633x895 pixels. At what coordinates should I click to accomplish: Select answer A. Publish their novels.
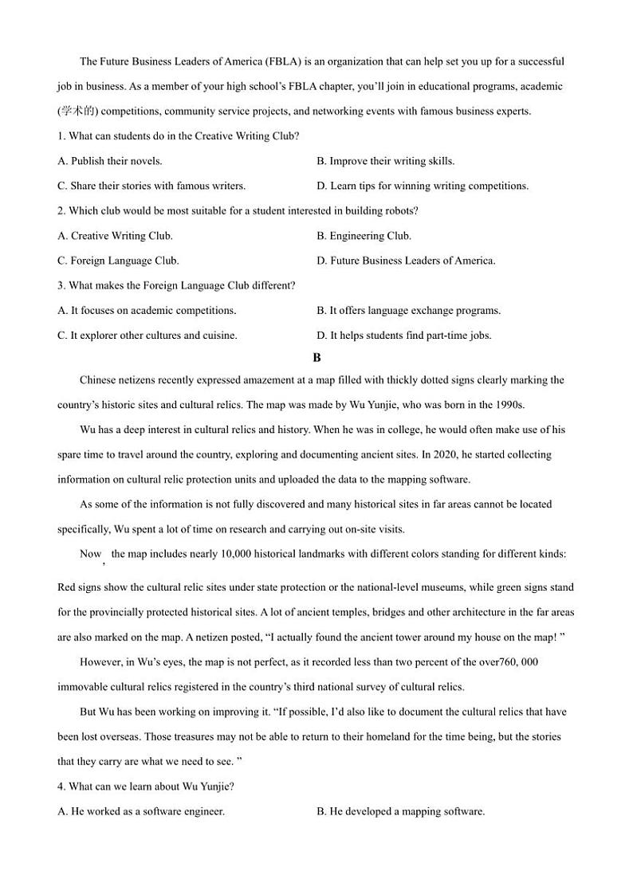pyautogui.click(x=110, y=161)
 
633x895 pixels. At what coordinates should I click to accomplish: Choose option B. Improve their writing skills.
pyautogui.click(x=385, y=161)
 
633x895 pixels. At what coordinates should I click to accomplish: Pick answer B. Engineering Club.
pyautogui.click(x=364, y=236)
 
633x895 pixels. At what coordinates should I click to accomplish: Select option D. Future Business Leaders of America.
pyautogui.click(x=406, y=261)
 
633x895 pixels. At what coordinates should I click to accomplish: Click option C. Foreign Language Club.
pyautogui.click(x=118, y=261)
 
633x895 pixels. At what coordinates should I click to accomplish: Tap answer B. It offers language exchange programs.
pyautogui.click(x=408, y=311)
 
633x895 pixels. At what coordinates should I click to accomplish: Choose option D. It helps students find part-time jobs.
pyautogui.click(x=403, y=336)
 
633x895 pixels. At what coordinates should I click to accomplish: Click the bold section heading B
pyautogui.click(x=316, y=359)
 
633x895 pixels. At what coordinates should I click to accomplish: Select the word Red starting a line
pyautogui.click(x=68, y=588)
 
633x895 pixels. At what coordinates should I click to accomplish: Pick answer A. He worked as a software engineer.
pyautogui.click(x=141, y=811)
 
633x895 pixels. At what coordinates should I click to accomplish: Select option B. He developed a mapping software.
pyautogui.click(x=400, y=811)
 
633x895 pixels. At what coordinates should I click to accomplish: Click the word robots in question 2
pyautogui.click(x=399, y=211)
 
